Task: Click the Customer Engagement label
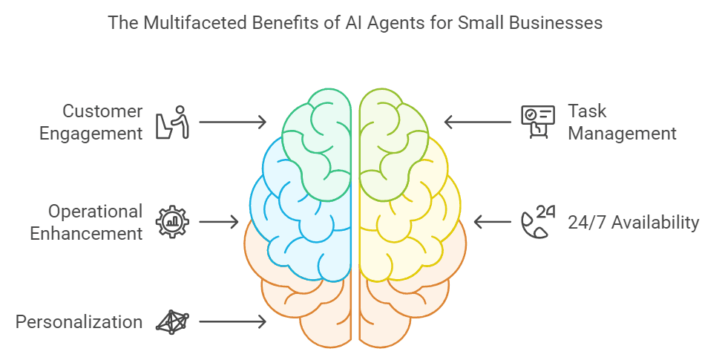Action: coord(102,122)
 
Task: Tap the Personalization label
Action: coord(79,321)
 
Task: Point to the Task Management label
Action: coord(622,122)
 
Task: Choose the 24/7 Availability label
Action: coord(633,222)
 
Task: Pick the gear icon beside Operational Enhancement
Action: coord(172,221)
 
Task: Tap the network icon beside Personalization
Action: coord(172,321)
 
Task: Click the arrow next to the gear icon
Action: coord(219,221)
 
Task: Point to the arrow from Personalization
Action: coord(232,321)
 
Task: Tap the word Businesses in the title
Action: coord(556,23)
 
